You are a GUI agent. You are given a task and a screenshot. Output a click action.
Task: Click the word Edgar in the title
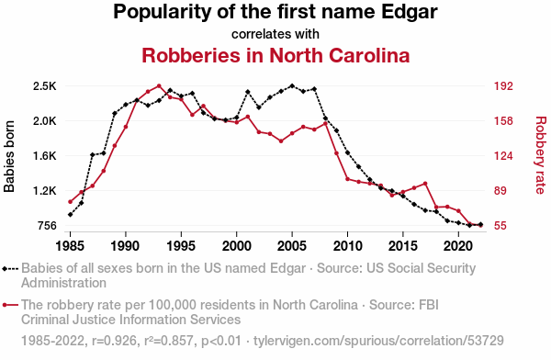pyautogui.click(x=410, y=12)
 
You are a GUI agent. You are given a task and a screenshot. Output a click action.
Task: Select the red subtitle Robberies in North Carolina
pyautogui.click(x=275, y=55)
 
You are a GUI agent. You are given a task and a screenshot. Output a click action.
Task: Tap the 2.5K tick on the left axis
pyautogui.click(x=44, y=86)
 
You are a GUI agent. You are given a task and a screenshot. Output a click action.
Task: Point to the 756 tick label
pyautogui.click(x=47, y=226)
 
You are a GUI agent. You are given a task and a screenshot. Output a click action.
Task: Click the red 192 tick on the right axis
pyautogui.click(x=503, y=86)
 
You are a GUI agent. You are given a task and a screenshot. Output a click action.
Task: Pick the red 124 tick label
pyautogui.click(x=503, y=156)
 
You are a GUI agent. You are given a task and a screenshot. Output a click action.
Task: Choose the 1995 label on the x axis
pyautogui.click(x=181, y=246)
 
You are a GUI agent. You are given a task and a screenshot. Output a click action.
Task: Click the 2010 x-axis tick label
pyautogui.click(x=347, y=246)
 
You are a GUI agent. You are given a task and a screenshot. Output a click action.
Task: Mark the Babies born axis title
pyautogui.click(x=9, y=156)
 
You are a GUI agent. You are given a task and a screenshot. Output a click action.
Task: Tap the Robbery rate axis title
pyautogui.click(x=541, y=155)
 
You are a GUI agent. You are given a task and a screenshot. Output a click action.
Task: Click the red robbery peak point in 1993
pyautogui.click(x=159, y=85)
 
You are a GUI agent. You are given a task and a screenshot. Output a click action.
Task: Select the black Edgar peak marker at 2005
pyautogui.click(x=292, y=85)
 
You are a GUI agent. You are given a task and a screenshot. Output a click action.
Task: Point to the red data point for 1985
pyautogui.click(x=71, y=202)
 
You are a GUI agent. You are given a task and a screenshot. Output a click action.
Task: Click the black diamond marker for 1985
pyautogui.click(x=71, y=215)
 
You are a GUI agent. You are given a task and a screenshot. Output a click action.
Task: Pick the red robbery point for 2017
pyautogui.click(x=425, y=184)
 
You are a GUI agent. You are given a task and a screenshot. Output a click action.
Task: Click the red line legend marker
pyautogui.click(x=10, y=305)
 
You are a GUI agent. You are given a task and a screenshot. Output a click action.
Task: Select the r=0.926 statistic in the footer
pyautogui.click(x=114, y=341)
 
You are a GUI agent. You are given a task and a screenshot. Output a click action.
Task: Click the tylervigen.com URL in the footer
pyautogui.click(x=378, y=341)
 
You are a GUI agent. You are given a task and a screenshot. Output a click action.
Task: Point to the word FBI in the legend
pyautogui.click(x=429, y=305)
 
